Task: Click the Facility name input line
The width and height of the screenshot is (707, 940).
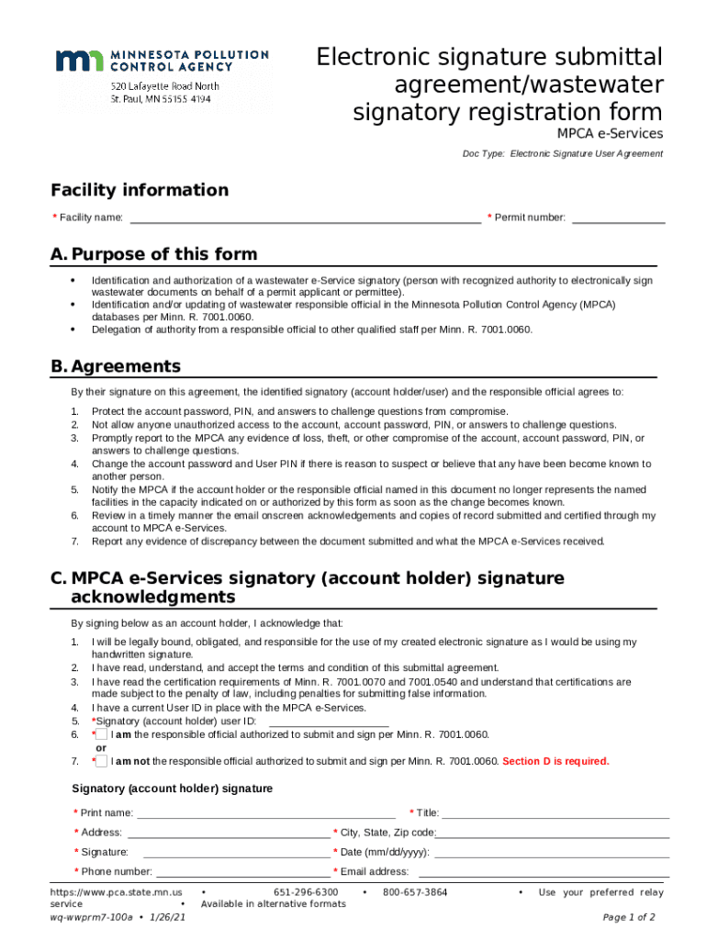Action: [305, 218]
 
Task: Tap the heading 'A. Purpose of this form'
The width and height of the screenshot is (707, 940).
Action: [154, 254]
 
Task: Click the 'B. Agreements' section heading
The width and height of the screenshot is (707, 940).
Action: [116, 366]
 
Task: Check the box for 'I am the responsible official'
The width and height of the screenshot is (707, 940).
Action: [101, 735]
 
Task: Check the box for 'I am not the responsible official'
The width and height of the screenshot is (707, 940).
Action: [101, 761]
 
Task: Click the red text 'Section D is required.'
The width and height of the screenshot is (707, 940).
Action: [555, 761]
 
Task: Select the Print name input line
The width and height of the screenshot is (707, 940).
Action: [266, 812]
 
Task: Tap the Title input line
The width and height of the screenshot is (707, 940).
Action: [555, 812]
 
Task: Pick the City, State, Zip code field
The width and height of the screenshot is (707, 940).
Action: [553, 833]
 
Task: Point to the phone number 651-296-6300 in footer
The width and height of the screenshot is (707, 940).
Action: [306, 892]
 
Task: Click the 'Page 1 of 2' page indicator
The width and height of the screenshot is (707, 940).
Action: [628, 917]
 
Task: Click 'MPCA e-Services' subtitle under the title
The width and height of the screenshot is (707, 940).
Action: [610, 134]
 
